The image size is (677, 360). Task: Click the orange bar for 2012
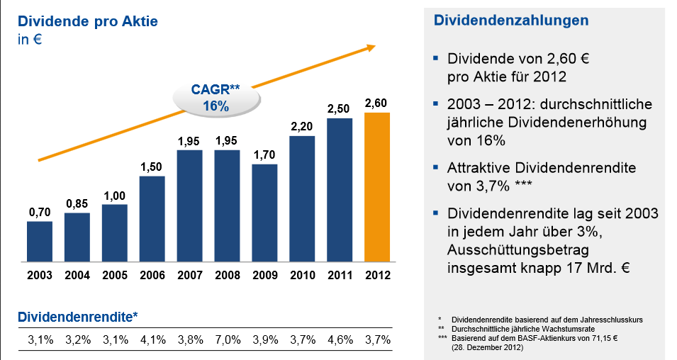(x=377, y=187)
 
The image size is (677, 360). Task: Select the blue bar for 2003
(x=40, y=241)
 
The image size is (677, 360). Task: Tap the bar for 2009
(x=264, y=213)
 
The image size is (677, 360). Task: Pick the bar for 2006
(x=152, y=218)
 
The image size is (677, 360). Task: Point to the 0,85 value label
(x=77, y=204)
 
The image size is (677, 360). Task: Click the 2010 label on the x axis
(x=302, y=275)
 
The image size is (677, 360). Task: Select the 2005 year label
(x=115, y=275)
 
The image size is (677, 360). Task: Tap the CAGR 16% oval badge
(x=216, y=99)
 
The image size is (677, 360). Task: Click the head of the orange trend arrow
(x=369, y=47)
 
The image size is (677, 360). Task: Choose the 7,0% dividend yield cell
(x=227, y=340)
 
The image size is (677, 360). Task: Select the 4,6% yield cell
(x=340, y=340)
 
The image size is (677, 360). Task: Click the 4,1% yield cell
(x=152, y=340)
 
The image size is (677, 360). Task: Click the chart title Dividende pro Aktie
(x=88, y=22)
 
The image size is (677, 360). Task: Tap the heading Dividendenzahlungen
(x=510, y=21)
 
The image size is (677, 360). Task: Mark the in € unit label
(x=30, y=40)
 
